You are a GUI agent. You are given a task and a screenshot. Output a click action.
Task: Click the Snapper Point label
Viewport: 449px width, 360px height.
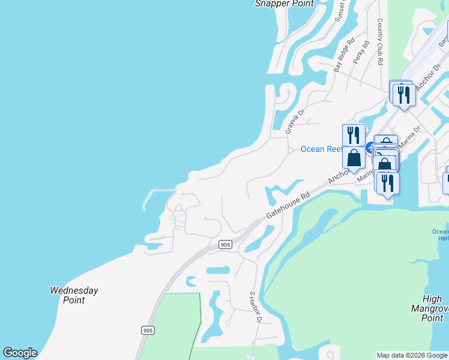pyautogui.click(x=284, y=4)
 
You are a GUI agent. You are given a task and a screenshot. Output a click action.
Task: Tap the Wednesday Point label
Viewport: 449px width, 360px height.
pyautogui.click(x=74, y=295)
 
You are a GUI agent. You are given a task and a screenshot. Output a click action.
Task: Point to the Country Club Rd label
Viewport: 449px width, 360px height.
pyautogui.click(x=380, y=41)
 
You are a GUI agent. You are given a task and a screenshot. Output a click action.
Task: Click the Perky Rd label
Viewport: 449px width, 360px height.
pyautogui.click(x=363, y=53)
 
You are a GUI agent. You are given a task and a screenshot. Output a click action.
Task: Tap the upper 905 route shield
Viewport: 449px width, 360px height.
pyautogui.click(x=225, y=244)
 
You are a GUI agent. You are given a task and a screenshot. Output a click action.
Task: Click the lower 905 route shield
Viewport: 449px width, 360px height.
pyautogui.click(x=148, y=331)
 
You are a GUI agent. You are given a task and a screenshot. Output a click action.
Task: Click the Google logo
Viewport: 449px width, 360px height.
pyautogui.click(x=20, y=353)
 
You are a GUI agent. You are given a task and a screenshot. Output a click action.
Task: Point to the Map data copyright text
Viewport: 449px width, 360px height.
pyautogui.click(x=412, y=356)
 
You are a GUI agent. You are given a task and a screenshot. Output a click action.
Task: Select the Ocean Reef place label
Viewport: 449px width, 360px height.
pyautogui.click(x=321, y=149)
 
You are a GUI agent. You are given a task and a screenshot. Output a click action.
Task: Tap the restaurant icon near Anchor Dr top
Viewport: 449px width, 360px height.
pyautogui.click(x=404, y=95)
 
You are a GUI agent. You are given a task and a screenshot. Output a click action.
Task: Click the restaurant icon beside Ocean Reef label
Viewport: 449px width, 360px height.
pyautogui.click(x=354, y=135)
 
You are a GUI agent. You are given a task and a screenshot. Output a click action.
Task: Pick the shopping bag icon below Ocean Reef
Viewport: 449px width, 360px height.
pyautogui.click(x=354, y=158)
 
